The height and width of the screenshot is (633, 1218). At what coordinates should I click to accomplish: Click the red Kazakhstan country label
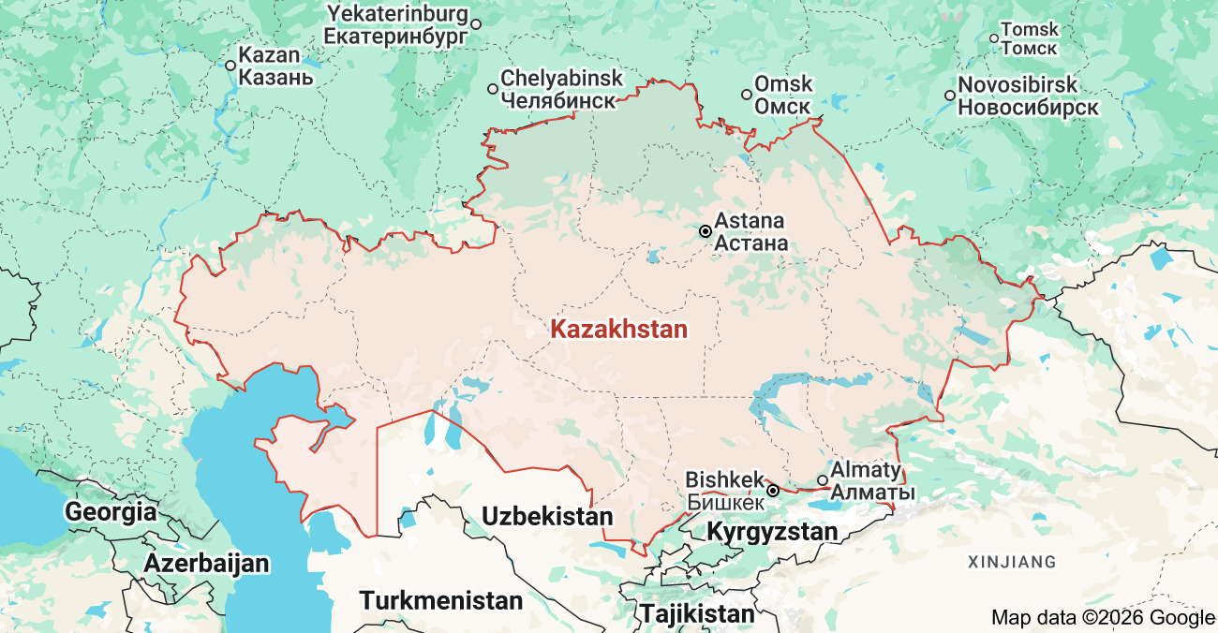(618, 330)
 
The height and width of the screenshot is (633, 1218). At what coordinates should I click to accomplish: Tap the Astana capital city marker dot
(705, 230)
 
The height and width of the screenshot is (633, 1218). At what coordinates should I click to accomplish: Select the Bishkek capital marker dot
(773, 491)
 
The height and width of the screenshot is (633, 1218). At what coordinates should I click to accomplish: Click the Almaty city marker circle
(823, 480)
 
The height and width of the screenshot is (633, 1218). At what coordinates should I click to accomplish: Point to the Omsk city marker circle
(747, 94)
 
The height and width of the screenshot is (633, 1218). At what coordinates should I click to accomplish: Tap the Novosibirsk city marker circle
(950, 95)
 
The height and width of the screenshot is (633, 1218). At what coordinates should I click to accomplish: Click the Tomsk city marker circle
(994, 38)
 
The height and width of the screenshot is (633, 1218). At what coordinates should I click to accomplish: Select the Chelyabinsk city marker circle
(493, 89)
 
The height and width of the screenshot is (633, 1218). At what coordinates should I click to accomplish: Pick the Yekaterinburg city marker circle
(476, 24)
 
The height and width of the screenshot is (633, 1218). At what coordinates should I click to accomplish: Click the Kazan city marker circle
(230, 65)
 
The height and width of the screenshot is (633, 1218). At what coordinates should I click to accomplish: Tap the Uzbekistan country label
(547, 516)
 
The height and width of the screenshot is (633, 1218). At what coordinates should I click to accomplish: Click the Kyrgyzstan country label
(772, 532)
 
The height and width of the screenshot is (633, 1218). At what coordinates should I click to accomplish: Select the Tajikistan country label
(697, 614)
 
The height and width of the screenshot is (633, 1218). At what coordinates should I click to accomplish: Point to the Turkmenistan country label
(441, 600)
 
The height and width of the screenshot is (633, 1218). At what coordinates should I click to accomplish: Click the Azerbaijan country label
(206, 564)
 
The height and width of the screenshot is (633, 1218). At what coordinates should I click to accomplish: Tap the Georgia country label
(111, 512)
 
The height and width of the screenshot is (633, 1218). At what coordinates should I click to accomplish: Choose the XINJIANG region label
(1012, 562)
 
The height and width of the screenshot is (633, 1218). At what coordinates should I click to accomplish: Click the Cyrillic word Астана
(750, 244)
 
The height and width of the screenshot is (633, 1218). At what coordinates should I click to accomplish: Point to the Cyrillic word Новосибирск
(1028, 108)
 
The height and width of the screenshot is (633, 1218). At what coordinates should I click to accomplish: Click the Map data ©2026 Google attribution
(1103, 617)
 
